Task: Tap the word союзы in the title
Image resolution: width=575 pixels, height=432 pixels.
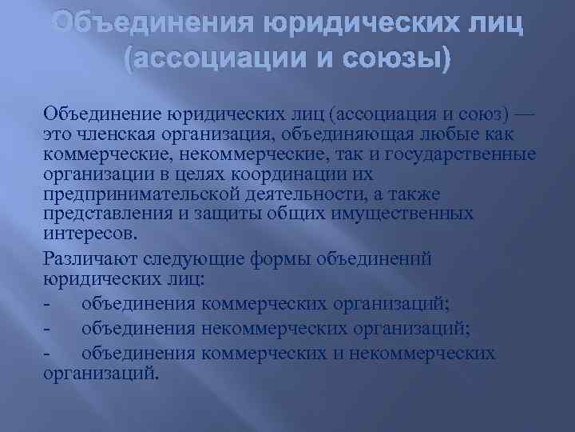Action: (x=388, y=59)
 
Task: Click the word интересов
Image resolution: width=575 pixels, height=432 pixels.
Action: (x=89, y=234)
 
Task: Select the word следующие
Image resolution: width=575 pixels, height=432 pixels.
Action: (x=204, y=259)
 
